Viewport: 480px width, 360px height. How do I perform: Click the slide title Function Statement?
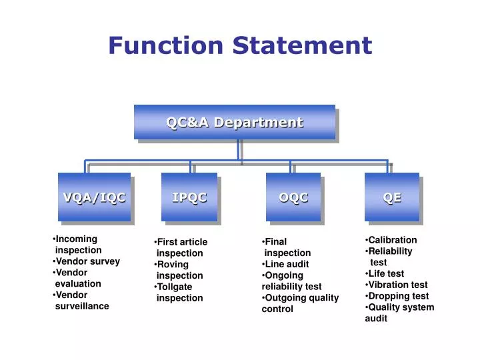[240, 45]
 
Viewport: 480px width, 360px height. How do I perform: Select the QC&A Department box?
[234, 123]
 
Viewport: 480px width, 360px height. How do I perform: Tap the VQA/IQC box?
[94, 197]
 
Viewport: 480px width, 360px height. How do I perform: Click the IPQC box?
[189, 197]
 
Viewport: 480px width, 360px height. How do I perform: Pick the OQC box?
[293, 197]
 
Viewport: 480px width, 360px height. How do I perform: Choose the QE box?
[392, 197]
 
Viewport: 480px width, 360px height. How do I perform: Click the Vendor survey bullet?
[87, 261]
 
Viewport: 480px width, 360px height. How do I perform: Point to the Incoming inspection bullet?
[77, 245]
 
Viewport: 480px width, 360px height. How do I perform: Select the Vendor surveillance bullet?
[81, 301]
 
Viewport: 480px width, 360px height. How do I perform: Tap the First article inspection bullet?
[180, 247]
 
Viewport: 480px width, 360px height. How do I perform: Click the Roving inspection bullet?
[179, 270]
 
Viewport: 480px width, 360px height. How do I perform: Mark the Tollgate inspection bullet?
[179, 292]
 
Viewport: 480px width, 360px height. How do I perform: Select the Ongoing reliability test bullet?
[291, 281]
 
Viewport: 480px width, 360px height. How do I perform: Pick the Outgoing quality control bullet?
[300, 303]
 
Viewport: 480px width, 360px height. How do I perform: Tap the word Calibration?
[393, 240]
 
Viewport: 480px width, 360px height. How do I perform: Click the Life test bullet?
[386, 273]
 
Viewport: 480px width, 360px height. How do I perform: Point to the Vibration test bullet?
[397, 285]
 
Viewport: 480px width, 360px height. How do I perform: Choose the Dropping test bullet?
[398, 296]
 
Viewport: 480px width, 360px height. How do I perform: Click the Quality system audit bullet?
[400, 313]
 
